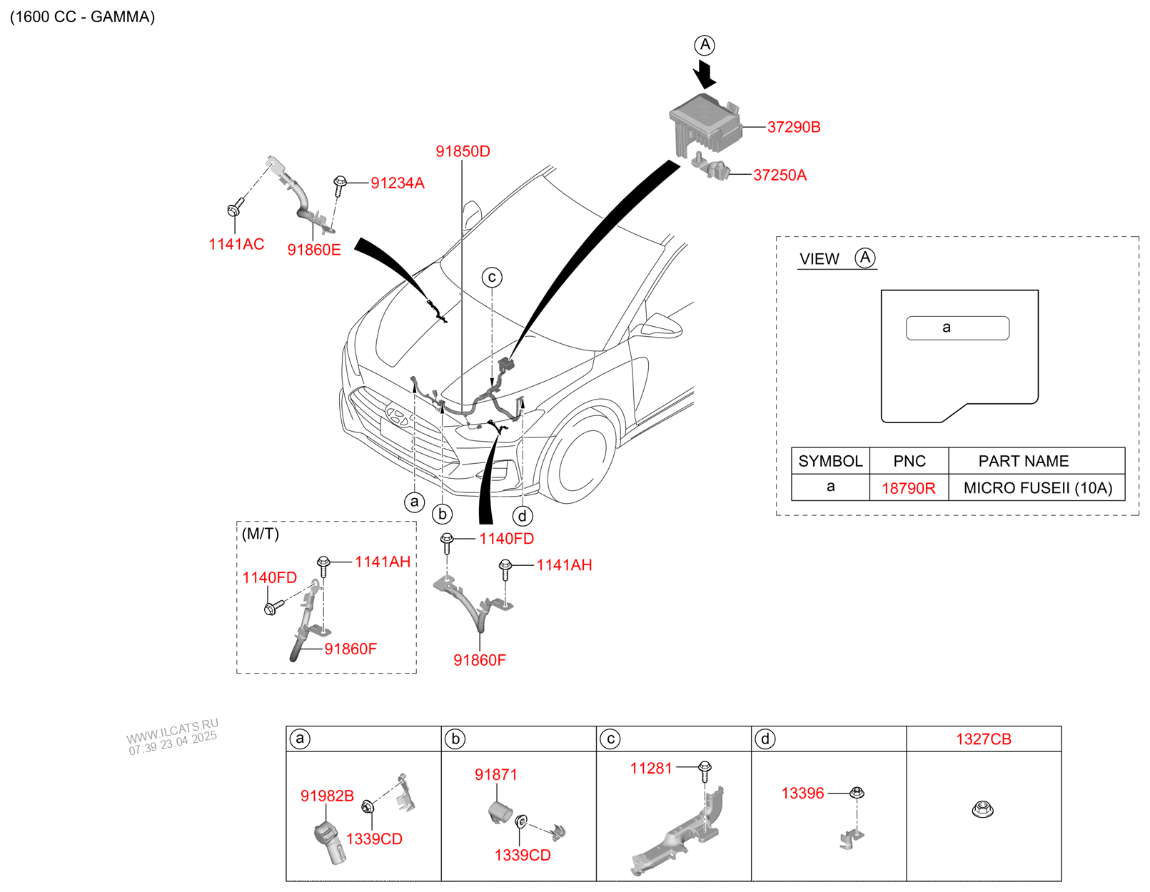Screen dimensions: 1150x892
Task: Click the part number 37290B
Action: pos(793,127)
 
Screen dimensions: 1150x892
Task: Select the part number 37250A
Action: pos(780,175)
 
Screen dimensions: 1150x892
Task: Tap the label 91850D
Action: pos(463,151)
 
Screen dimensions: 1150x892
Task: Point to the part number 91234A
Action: pos(397,183)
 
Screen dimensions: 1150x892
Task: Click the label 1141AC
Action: pos(236,244)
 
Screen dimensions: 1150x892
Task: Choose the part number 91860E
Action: pos(314,249)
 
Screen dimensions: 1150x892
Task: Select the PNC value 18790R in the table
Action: pos(908,488)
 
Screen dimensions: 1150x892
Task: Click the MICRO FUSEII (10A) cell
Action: pos(1037,487)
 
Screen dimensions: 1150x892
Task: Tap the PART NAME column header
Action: pos(1023,461)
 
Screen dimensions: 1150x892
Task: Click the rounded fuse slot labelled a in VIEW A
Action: pos(957,328)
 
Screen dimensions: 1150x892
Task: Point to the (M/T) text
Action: pos(261,533)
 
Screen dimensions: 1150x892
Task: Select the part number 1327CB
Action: pos(983,739)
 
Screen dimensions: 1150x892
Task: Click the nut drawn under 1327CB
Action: pos(983,809)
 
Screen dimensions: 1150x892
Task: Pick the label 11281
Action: pos(651,769)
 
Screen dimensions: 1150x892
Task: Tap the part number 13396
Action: pos(803,793)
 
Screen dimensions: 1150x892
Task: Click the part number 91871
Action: pos(496,774)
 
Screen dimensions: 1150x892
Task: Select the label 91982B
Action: pos(327,796)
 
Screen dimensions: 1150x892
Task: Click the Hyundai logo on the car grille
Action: pos(397,415)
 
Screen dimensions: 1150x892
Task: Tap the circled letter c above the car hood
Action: pos(492,277)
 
